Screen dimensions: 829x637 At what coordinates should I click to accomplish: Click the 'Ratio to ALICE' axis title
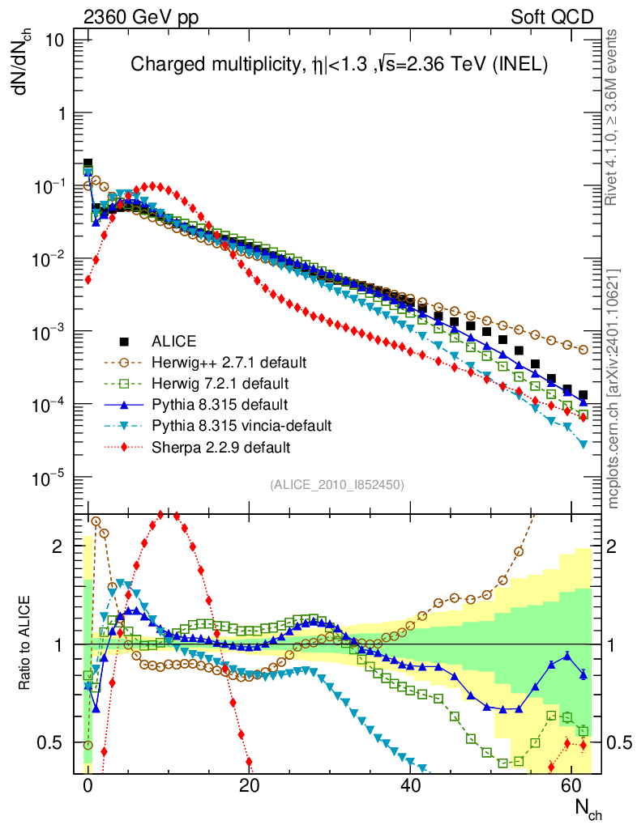26,644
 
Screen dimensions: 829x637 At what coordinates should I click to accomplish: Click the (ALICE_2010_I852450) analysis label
336,484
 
